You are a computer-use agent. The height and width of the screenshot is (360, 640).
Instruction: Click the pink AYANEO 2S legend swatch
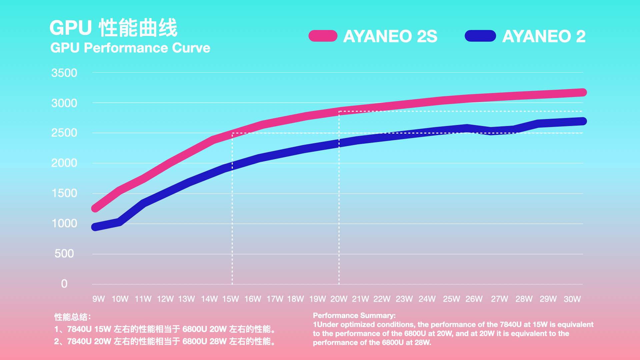[x=323, y=36]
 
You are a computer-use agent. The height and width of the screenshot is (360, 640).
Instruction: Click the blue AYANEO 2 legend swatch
[x=480, y=36]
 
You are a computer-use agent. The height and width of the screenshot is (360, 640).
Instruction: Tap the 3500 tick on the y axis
[x=64, y=73]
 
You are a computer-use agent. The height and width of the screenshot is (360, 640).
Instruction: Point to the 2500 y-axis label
[x=64, y=133]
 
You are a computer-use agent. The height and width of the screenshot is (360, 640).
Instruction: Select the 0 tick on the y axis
[x=64, y=284]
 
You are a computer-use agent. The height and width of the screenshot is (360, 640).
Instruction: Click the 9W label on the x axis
[x=99, y=299]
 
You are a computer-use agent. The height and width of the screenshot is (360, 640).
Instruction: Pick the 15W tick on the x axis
[x=231, y=299]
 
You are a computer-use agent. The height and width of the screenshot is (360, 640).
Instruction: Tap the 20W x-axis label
[x=339, y=299]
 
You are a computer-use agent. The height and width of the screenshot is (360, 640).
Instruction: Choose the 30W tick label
[x=572, y=299]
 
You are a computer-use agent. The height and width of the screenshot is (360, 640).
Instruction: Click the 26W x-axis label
[x=474, y=299]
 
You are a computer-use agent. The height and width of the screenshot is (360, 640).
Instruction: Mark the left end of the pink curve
[x=95, y=208]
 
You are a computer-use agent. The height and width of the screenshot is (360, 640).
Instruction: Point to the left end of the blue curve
[x=95, y=227]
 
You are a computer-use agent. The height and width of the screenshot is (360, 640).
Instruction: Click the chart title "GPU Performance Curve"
[x=130, y=48]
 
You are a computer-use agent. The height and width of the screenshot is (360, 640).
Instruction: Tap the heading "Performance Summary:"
[x=354, y=315]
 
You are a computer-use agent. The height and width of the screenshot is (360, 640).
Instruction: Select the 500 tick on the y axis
[x=64, y=254]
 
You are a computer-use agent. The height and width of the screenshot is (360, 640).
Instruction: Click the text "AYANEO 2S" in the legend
[x=390, y=36]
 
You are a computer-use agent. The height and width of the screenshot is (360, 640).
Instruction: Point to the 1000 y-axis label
[x=64, y=223]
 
